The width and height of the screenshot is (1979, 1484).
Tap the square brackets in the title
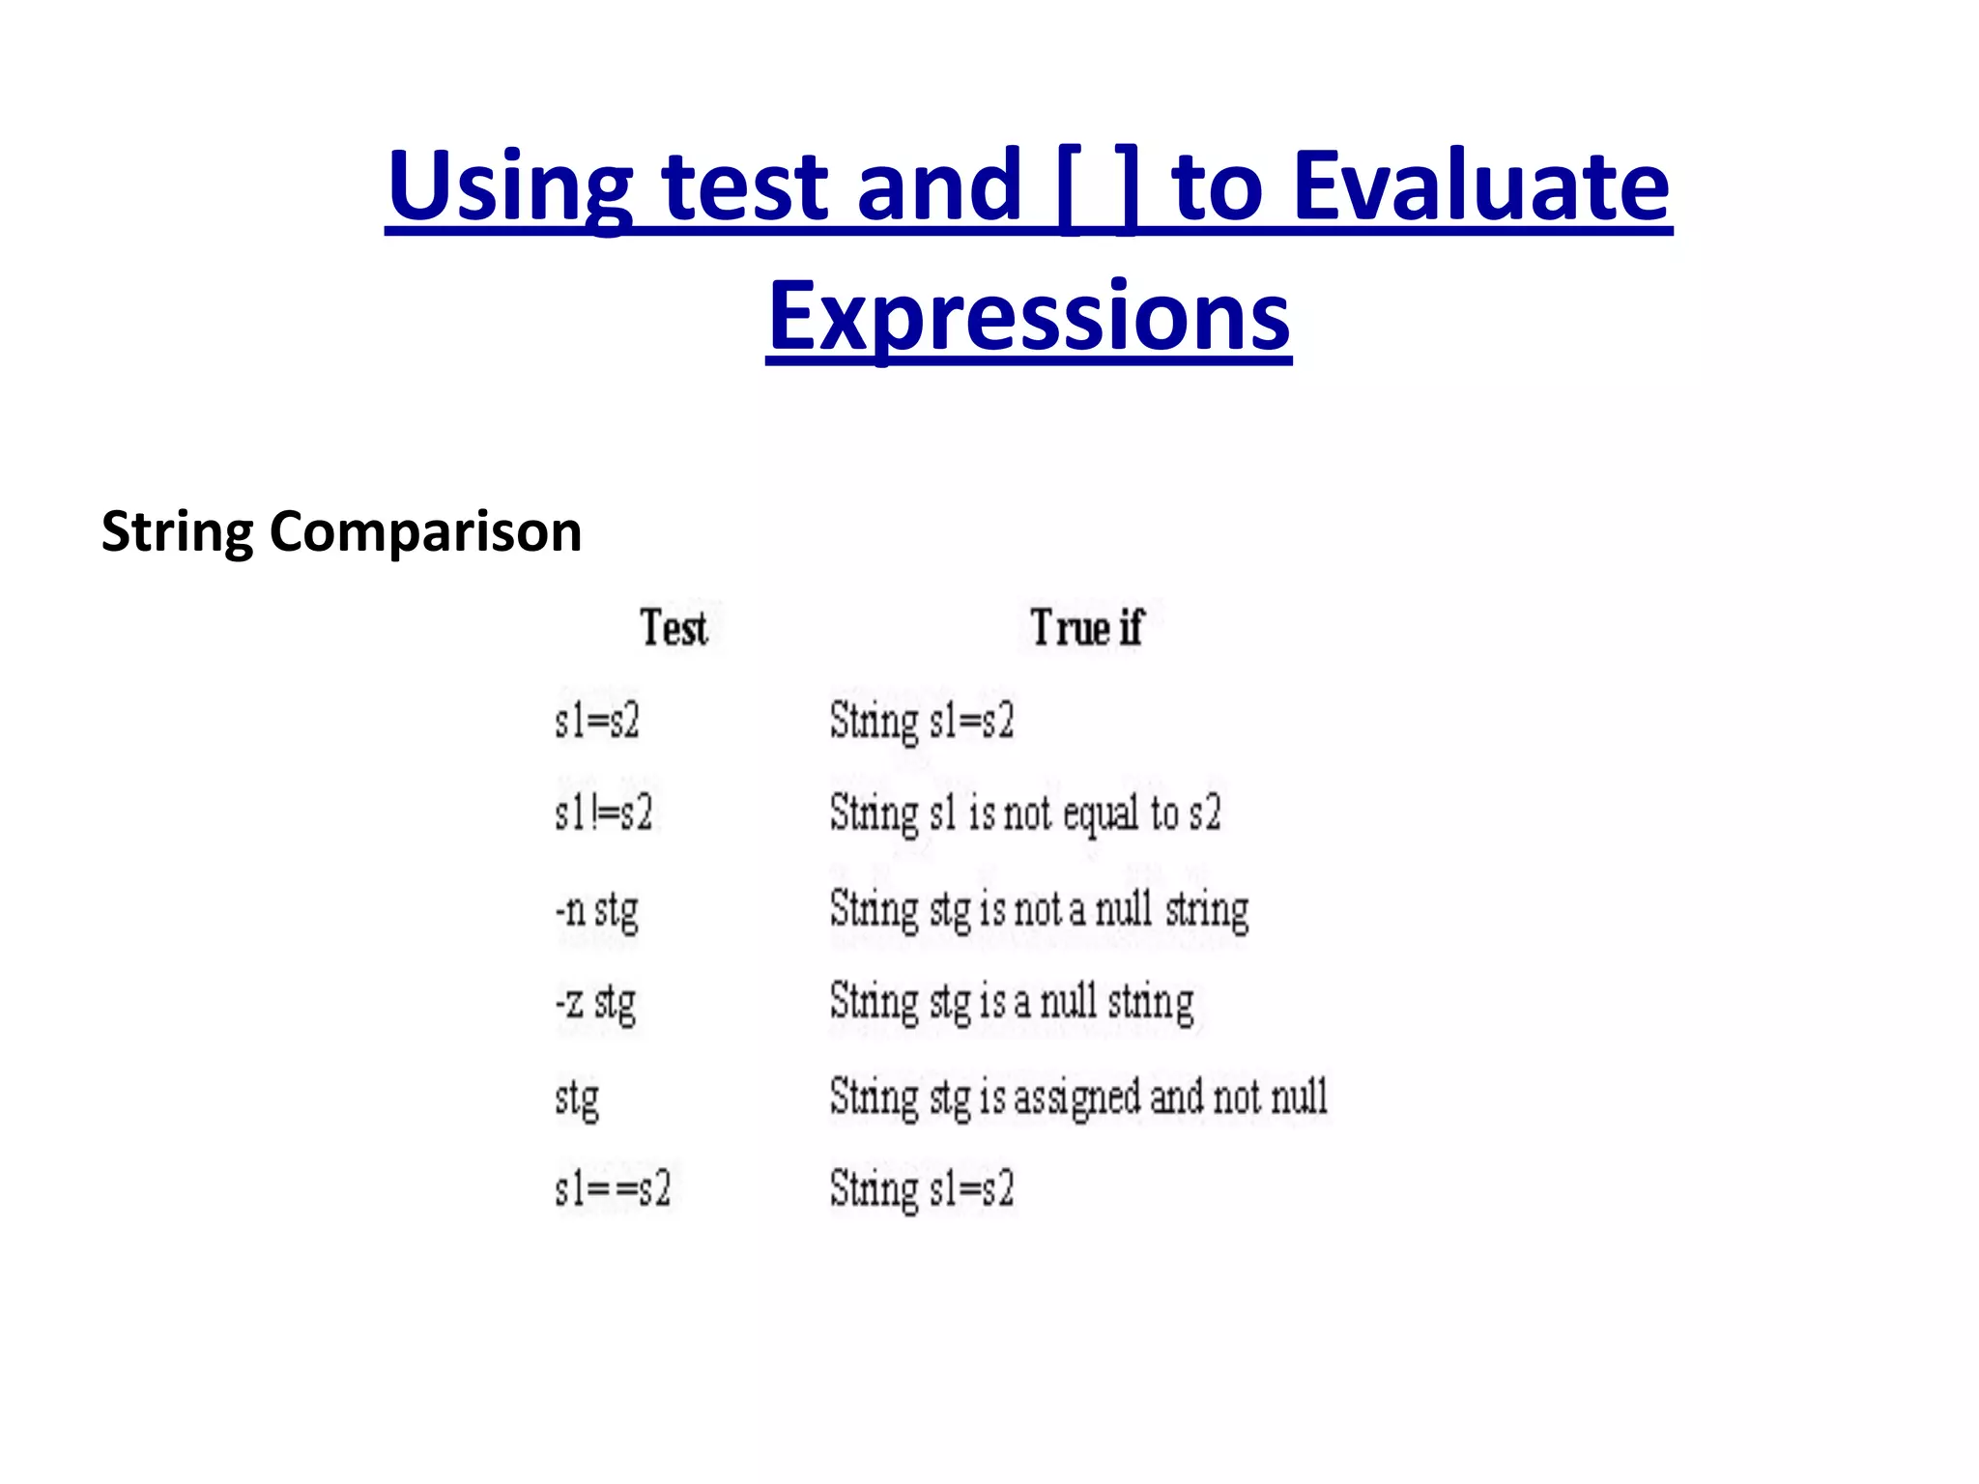[x=1097, y=186]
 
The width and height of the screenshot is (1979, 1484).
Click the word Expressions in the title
[x=1029, y=317]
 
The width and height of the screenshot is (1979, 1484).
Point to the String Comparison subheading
[x=341, y=531]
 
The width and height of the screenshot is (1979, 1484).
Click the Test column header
[x=674, y=628]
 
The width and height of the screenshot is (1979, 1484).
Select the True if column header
[x=1086, y=628]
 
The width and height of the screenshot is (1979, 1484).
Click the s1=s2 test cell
[x=597, y=721]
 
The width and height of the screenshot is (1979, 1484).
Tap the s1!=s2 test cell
[x=604, y=813]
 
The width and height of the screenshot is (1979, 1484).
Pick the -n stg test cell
[x=597, y=910]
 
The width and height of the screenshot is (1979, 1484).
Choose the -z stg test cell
[x=595, y=1003]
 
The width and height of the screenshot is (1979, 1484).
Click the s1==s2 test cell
[x=613, y=1188]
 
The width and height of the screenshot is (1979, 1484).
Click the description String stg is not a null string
[x=1039, y=910]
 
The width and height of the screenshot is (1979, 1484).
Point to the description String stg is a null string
[x=1011, y=1003]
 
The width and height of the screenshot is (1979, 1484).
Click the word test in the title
[x=745, y=186]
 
